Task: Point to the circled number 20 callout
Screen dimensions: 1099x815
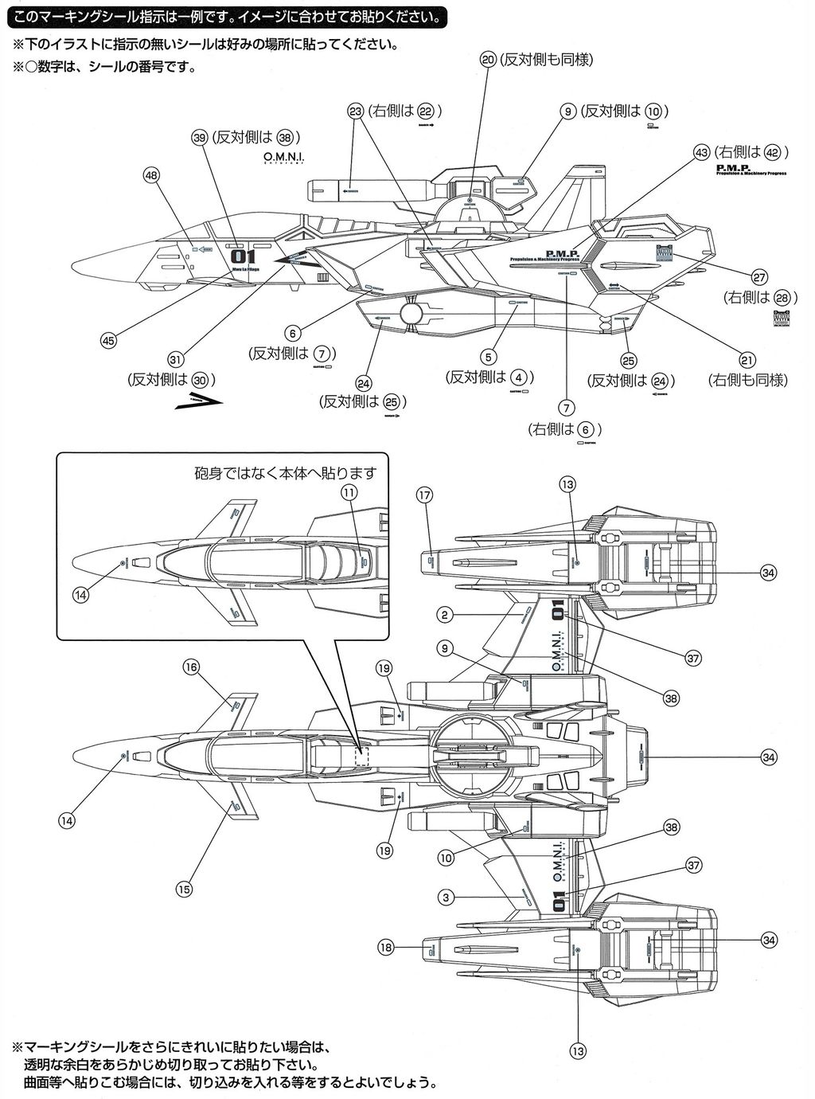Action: (x=489, y=60)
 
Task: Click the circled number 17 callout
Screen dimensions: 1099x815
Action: (x=423, y=495)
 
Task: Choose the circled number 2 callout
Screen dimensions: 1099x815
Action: (x=446, y=615)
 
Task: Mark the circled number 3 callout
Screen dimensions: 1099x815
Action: (x=446, y=898)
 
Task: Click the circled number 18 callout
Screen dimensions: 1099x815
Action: (x=386, y=948)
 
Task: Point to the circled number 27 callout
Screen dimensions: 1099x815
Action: (x=758, y=278)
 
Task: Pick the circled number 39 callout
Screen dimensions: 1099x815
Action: (x=200, y=136)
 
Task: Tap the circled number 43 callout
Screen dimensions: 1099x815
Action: (x=701, y=151)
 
